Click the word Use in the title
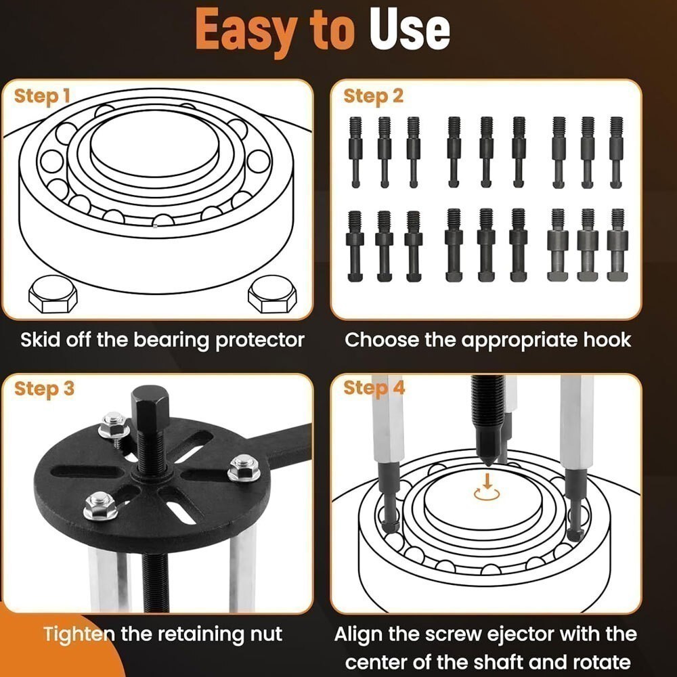click(410, 30)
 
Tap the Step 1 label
click(42, 96)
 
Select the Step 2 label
click(373, 96)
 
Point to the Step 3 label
click(44, 389)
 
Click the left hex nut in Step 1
click(52, 296)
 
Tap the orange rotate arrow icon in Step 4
click(486, 489)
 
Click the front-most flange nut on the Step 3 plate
click(100, 506)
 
